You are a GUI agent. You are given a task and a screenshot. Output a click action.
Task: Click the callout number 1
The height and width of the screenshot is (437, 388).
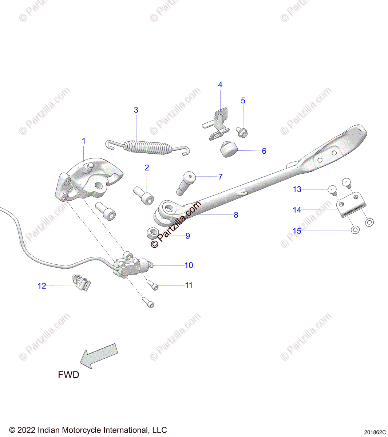(84, 141)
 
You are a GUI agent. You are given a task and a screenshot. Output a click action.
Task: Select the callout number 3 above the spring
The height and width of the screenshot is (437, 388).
(136, 110)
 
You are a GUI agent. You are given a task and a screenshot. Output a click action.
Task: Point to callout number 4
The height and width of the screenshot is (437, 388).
(220, 85)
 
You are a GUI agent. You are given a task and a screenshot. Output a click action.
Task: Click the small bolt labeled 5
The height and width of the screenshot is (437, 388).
(241, 132)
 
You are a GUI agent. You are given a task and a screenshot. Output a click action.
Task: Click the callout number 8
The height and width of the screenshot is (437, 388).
(236, 215)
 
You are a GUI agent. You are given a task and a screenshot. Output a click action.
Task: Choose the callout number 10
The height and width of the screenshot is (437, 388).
(189, 265)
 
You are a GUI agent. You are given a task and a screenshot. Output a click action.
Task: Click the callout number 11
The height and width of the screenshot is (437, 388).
(189, 285)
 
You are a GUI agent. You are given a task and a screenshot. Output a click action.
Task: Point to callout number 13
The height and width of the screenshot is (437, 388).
(297, 189)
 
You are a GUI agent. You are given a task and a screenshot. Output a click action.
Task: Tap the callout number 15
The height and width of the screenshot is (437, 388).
(297, 231)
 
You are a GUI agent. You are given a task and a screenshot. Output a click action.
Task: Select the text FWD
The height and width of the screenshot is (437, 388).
(68, 375)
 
